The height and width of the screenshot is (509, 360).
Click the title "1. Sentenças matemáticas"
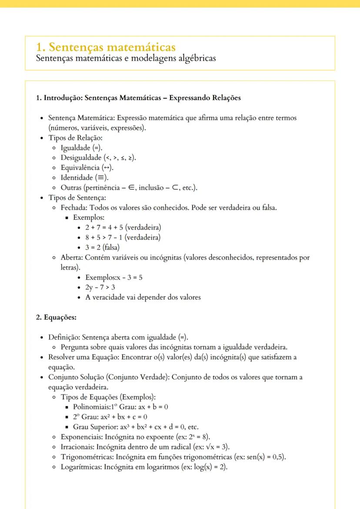pos(107,47)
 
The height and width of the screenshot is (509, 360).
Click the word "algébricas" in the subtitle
pos(197,58)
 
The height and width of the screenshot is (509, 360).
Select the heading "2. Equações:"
pos(56,317)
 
